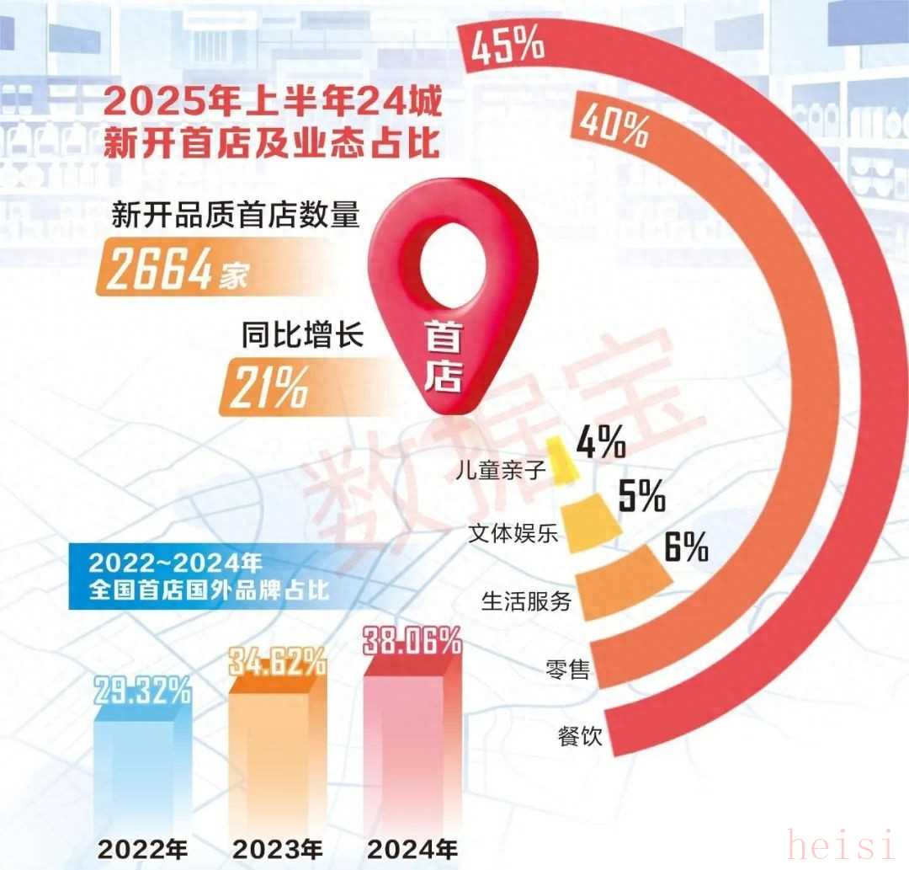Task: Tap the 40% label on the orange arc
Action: tap(614, 125)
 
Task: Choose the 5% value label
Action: tap(641, 495)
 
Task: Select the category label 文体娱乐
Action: tap(513, 534)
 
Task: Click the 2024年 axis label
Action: tap(412, 846)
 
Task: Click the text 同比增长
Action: tap(302, 339)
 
